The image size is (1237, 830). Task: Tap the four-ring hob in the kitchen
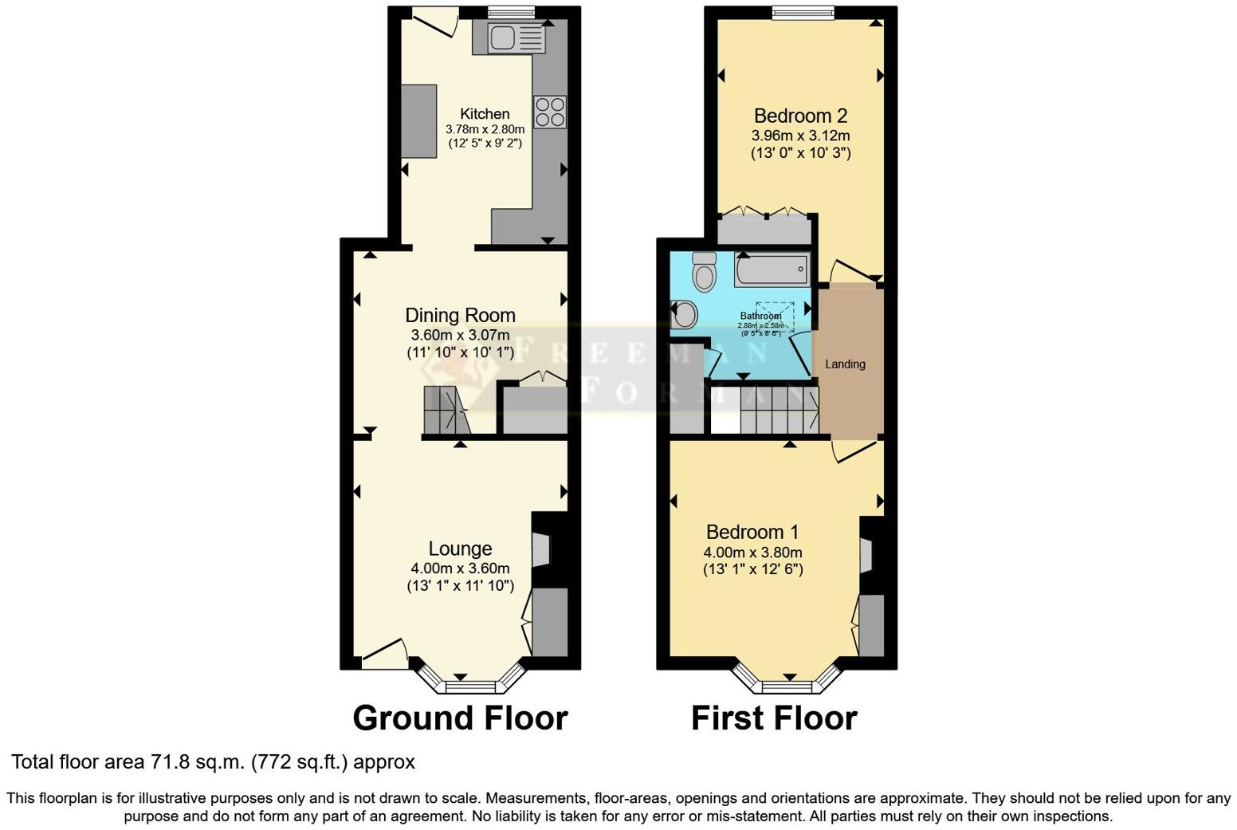(550, 112)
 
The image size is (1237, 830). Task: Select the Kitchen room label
(485, 114)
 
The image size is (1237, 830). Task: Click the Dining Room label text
(460, 316)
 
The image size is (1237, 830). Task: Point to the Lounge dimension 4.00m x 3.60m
(460, 568)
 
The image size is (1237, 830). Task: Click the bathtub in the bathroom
(772, 269)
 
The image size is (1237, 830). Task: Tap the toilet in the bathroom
(704, 273)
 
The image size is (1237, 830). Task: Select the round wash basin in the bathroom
(684, 314)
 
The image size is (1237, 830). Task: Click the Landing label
(845, 364)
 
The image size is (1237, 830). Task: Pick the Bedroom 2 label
(800, 116)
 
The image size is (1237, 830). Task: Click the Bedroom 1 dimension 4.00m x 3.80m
(752, 553)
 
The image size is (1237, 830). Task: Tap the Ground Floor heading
(460, 718)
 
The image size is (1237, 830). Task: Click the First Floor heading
(773, 718)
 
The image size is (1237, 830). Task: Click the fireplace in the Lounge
(542, 549)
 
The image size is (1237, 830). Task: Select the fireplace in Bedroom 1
(867, 555)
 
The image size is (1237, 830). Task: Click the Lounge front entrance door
(384, 654)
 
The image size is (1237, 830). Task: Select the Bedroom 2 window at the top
(803, 12)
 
